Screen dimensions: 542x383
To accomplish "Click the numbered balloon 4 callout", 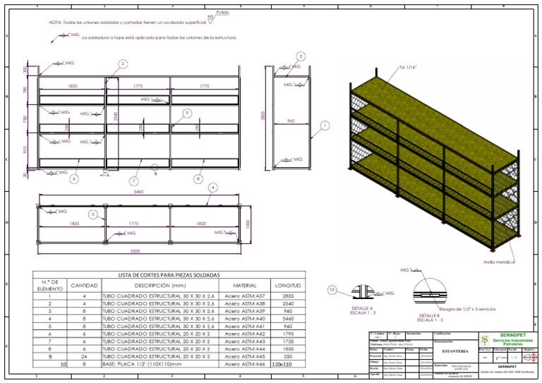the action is pyautogui.click(x=212, y=187).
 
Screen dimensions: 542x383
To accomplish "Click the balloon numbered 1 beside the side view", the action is pyautogui.click(x=325, y=126).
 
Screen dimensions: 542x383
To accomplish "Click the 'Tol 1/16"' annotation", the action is pyautogui.click(x=409, y=67).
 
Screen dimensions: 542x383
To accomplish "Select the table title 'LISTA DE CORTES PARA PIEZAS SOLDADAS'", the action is pyautogui.click(x=169, y=274).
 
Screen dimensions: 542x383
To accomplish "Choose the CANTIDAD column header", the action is pyautogui.click(x=84, y=286).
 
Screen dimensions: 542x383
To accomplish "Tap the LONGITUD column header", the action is pyautogui.click(x=287, y=286).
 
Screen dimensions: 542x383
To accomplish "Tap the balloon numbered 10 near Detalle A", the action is pyautogui.click(x=333, y=289).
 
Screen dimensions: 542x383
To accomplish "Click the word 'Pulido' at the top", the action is pyautogui.click(x=223, y=13).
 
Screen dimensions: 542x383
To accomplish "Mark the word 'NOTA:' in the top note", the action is pyautogui.click(x=56, y=23).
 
